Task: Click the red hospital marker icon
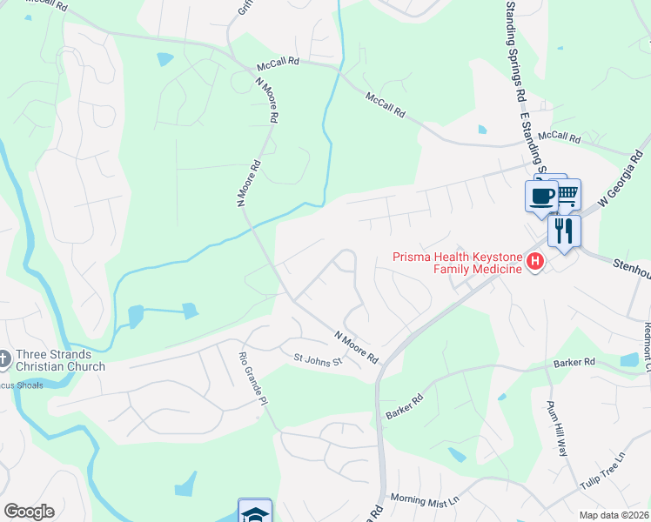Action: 536,261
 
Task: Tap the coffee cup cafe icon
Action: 541,195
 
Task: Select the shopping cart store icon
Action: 566,192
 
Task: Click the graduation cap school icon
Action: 255,513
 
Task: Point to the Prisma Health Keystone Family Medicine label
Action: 458,262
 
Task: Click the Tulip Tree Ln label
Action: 604,471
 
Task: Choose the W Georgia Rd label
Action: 624,179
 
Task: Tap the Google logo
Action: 29,512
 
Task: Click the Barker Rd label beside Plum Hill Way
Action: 576,362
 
